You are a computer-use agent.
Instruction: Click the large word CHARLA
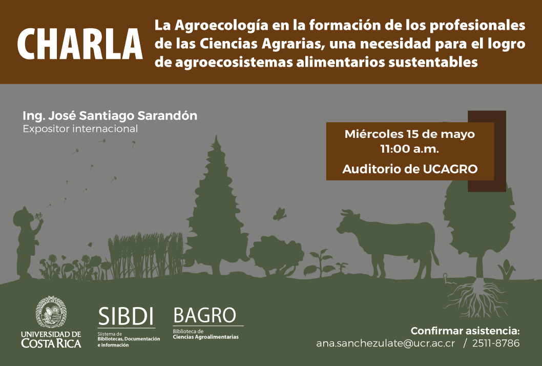pos(80,44)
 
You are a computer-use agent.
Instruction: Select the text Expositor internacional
pos(80,129)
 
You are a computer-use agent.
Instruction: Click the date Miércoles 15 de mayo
pos(410,134)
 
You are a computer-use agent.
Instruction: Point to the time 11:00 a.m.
pos(410,149)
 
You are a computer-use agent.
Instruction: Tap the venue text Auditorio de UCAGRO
pos(410,169)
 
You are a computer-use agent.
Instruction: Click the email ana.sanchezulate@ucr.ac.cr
pos(385,343)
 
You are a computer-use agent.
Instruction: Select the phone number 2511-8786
pos(496,343)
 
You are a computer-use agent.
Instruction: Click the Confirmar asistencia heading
pos(465,331)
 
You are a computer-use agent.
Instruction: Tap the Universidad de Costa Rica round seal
pos(51,312)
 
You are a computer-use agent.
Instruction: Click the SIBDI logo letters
pos(126,316)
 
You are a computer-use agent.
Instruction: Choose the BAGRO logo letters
pos(204,315)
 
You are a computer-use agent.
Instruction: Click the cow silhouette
pos(387,242)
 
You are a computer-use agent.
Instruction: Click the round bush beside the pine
pos(277,255)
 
